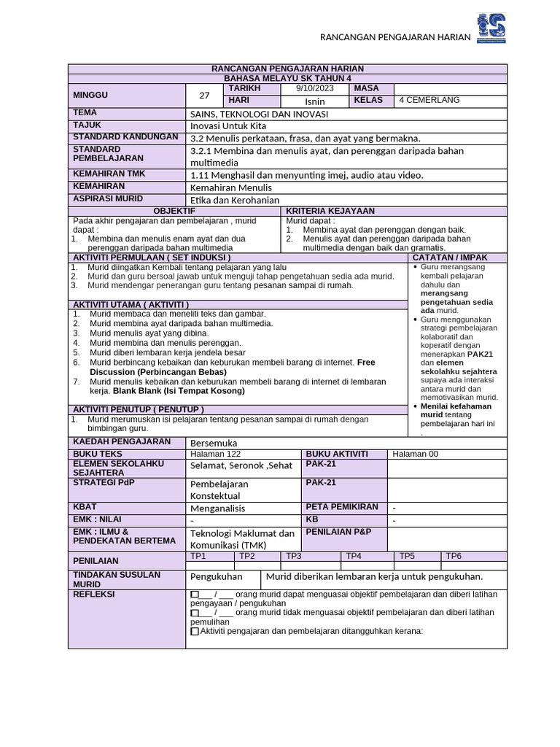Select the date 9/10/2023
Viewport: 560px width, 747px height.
pyautogui.click(x=315, y=88)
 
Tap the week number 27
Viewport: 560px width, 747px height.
pyautogui.click(x=204, y=95)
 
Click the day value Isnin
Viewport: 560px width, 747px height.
pyautogui.click(x=315, y=101)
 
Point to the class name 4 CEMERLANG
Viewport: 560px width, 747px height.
pyautogui.click(x=429, y=100)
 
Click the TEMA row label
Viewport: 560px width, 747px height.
pyautogui.click(x=85, y=113)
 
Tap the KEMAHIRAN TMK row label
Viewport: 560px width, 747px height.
pyautogui.click(x=109, y=174)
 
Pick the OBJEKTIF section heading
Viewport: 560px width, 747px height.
pyautogui.click(x=174, y=211)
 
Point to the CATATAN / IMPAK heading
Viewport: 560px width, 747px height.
pyautogui.click(x=450, y=258)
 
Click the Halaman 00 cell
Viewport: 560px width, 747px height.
pyautogui.click(x=416, y=454)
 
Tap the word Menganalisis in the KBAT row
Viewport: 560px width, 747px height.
pyautogui.click(x=217, y=508)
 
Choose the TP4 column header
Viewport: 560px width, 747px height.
pyautogui.click(x=354, y=556)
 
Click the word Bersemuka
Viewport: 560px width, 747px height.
pyautogui.click(x=213, y=443)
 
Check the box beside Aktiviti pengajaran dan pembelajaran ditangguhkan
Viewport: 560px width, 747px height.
pyautogui.click(x=194, y=632)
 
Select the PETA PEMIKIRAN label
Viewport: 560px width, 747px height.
pyautogui.click(x=342, y=507)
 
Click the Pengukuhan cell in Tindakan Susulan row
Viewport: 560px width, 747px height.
pyautogui.click(x=216, y=576)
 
